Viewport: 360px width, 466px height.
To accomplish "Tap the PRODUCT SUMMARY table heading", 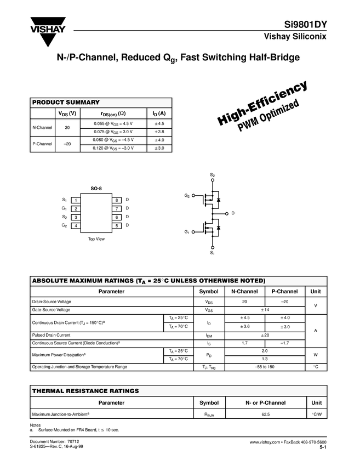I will [x=66, y=103].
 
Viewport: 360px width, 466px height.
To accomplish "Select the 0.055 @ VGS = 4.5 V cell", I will [x=113, y=124].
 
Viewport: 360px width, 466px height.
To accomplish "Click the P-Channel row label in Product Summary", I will [x=42, y=144].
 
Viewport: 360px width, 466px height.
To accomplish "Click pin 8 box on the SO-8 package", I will [x=117, y=200].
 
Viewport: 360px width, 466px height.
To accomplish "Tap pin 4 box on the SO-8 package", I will [x=76, y=226].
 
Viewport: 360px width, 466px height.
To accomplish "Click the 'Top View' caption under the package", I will [x=96, y=239].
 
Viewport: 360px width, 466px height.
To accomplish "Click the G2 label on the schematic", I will [x=187, y=196].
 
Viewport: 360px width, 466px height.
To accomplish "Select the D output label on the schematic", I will [x=233, y=213].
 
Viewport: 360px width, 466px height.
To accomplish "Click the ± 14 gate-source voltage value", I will [x=265, y=310].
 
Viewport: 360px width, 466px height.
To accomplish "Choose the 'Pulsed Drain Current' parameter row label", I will [x=52, y=335].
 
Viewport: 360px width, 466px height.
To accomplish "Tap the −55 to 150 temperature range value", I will [x=265, y=367].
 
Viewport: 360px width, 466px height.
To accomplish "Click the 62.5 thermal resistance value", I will [x=265, y=414].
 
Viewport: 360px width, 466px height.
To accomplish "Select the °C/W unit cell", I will [x=316, y=414].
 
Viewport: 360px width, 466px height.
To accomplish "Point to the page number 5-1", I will [x=323, y=448].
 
